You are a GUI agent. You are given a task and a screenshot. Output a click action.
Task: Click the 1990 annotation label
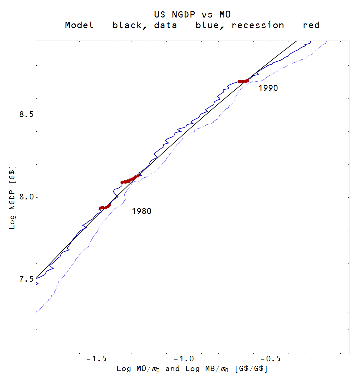pos(268,88)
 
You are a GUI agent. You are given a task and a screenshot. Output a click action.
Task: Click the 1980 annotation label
pos(141,211)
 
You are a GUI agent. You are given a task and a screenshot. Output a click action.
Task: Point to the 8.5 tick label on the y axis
pos(26,114)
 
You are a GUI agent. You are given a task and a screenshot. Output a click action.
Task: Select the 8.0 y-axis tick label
pos(26,197)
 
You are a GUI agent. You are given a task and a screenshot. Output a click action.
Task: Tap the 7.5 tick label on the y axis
pos(26,279)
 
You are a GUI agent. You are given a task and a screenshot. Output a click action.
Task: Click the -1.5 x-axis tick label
pos(97,359)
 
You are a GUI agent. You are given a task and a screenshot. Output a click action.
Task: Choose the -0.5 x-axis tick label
pos(271,359)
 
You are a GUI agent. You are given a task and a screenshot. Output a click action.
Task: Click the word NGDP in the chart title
pos(183,15)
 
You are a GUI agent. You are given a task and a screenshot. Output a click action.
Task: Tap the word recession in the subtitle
pos(258,25)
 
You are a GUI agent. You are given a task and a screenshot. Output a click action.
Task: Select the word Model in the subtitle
pos(79,25)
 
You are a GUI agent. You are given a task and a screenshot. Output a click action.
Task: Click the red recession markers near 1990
pos(243,81)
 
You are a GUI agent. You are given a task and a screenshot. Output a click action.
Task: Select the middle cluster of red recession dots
pos(130,180)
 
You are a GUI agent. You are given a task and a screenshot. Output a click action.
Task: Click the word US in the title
pos(159,15)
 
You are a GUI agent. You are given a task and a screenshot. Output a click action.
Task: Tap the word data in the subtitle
pos(165,25)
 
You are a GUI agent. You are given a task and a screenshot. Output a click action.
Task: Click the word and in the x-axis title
pos(172,369)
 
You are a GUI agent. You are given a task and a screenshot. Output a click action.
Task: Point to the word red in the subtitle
pos(311,25)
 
